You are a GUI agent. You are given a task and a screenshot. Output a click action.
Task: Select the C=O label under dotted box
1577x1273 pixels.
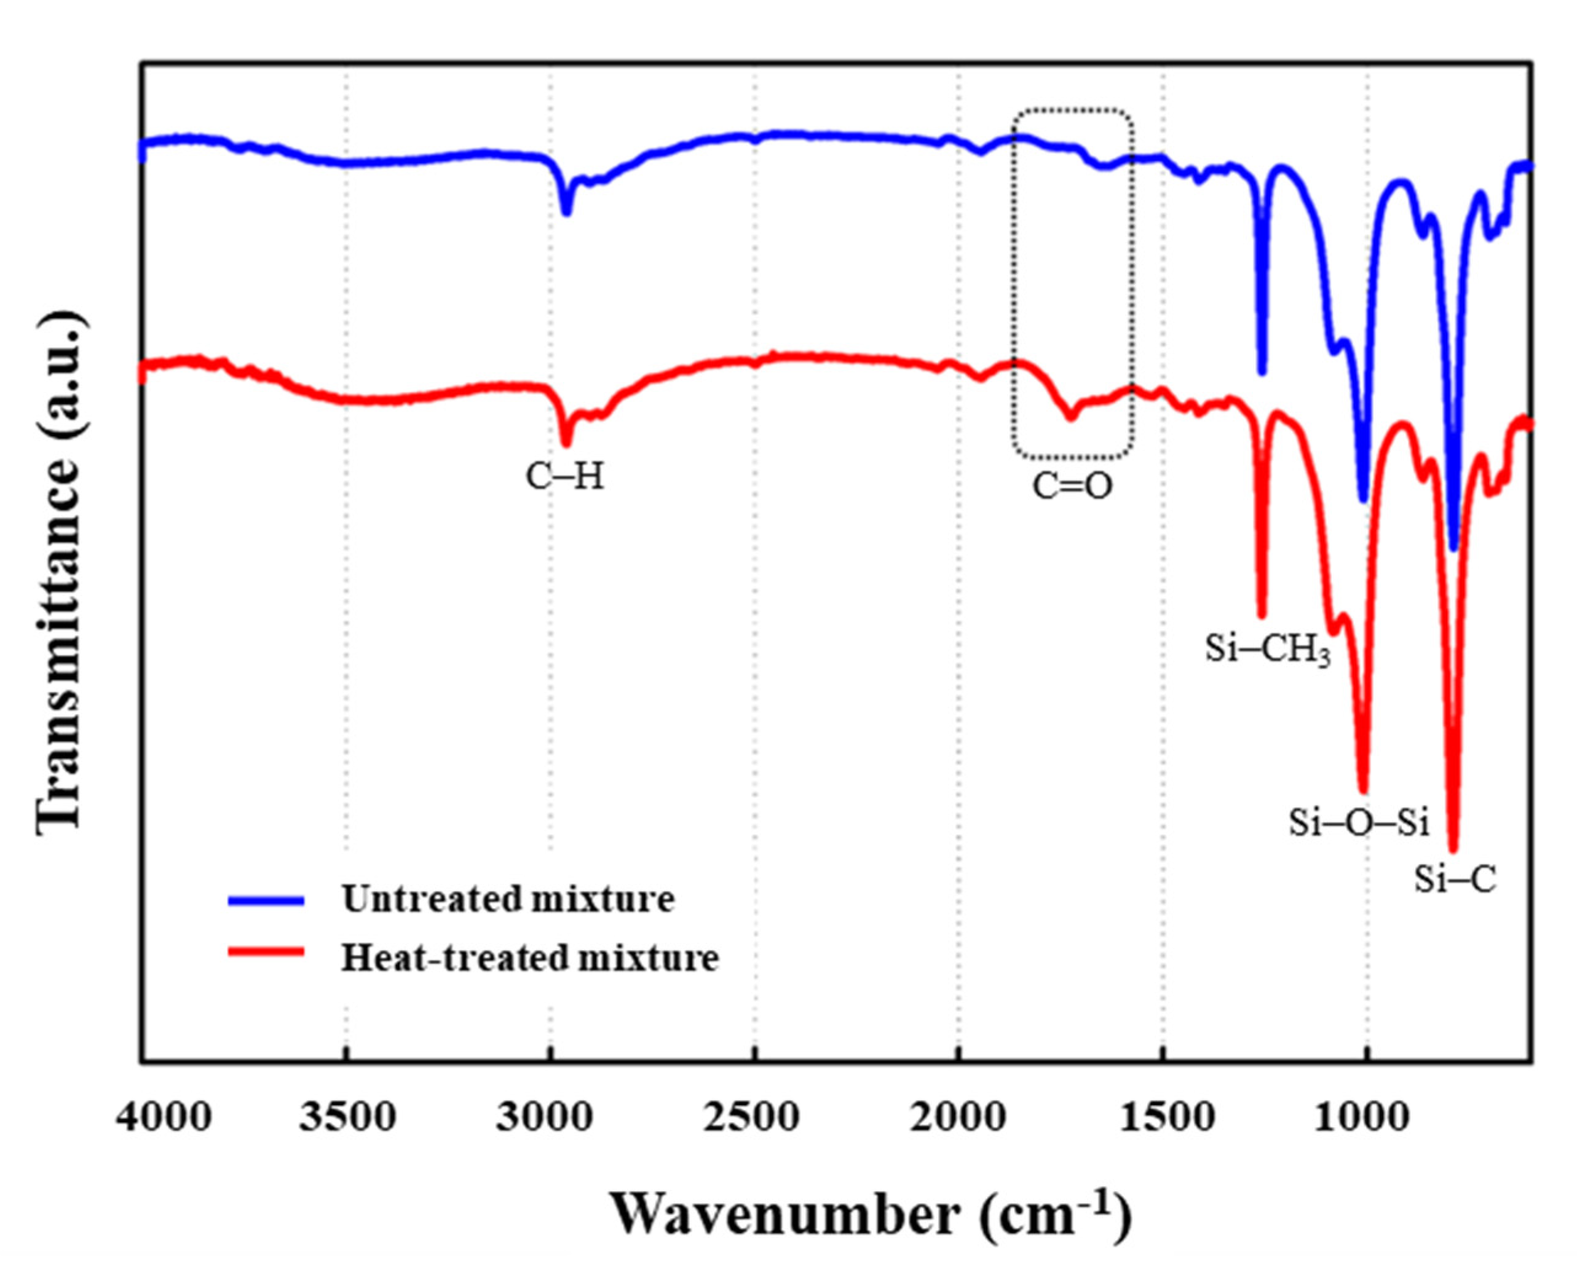[x=1072, y=486]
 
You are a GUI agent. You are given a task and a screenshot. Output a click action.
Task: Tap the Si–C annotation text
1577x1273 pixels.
[x=1455, y=880]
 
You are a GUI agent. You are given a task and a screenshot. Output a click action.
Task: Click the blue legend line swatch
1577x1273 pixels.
[x=266, y=901]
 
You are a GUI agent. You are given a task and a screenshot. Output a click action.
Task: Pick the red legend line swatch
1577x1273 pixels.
[x=266, y=951]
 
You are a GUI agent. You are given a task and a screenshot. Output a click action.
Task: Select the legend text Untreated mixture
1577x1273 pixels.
[x=508, y=899]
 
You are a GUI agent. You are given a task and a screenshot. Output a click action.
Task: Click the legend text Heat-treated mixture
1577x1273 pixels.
[x=529, y=958]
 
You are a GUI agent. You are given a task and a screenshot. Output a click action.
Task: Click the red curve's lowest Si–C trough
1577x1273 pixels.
[x=1453, y=848]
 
